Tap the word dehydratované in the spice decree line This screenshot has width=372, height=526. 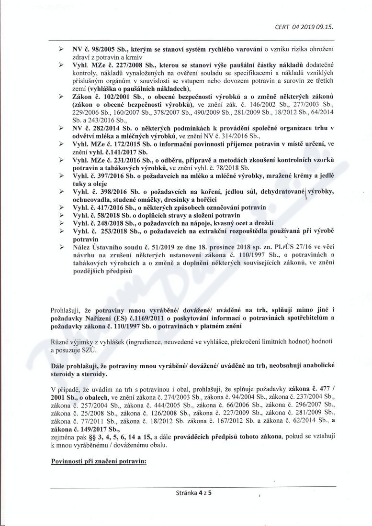263,191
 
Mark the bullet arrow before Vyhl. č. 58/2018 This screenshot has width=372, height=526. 61,216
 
